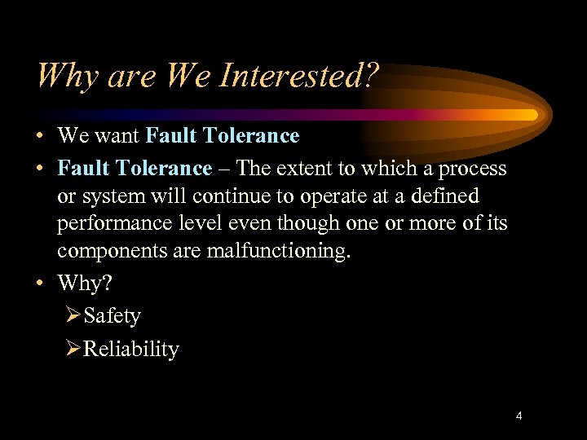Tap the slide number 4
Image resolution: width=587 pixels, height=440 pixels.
[x=519, y=416]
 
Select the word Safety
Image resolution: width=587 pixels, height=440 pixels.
[x=112, y=315]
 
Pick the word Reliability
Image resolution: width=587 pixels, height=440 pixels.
[x=131, y=349]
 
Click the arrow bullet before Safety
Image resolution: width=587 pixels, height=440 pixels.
[x=73, y=315]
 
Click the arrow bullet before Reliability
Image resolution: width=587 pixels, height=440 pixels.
[x=73, y=349]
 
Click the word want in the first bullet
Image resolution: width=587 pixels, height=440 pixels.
[x=119, y=135]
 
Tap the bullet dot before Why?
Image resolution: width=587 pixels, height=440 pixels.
[x=41, y=283]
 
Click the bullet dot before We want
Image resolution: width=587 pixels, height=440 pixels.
[x=41, y=136]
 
